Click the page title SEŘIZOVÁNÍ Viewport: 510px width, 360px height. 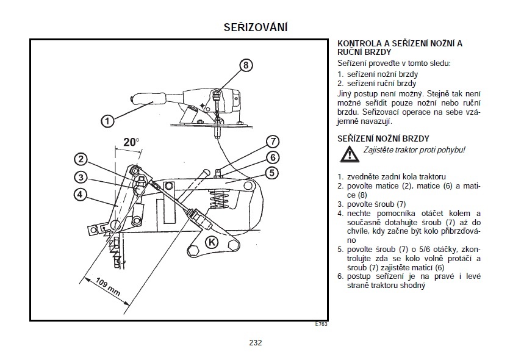[x=256, y=28]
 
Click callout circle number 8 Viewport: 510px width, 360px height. [x=245, y=65]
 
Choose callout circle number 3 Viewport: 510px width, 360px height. [x=81, y=178]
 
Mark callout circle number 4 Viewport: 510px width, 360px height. [x=81, y=195]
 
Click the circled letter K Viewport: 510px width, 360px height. [x=212, y=241]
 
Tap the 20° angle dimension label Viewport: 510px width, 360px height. [x=131, y=142]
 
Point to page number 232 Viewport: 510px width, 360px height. [x=256, y=343]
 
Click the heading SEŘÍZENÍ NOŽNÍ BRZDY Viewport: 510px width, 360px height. [x=384, y=139]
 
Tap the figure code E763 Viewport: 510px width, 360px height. [x=321, y=324]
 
